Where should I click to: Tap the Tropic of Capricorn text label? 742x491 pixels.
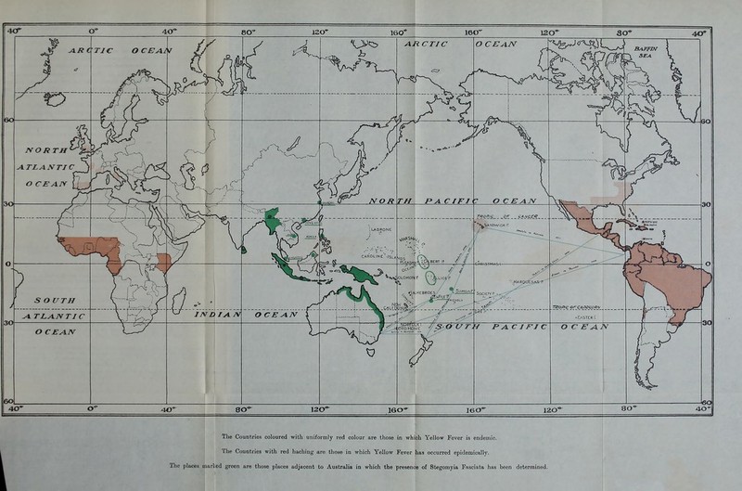tap(586, 306)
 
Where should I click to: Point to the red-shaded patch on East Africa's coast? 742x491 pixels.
tap(162, 261)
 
